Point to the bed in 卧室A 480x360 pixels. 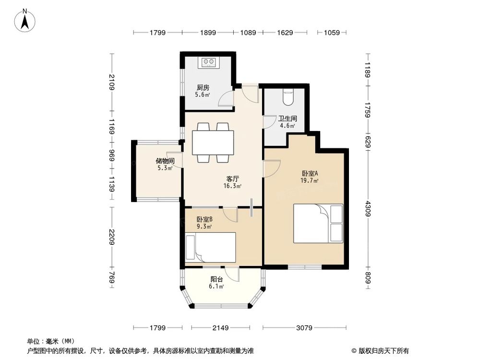pos(318,223)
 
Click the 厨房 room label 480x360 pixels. pos(203,88)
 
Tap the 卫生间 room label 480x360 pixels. pos(288,118)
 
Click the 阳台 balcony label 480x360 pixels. pos(216,279)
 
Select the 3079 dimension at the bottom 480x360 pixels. pos(304,328)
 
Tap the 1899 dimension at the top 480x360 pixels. pos(208,33)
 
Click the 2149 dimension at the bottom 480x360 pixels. pos(220,328)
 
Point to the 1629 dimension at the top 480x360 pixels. pos(285,33)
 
